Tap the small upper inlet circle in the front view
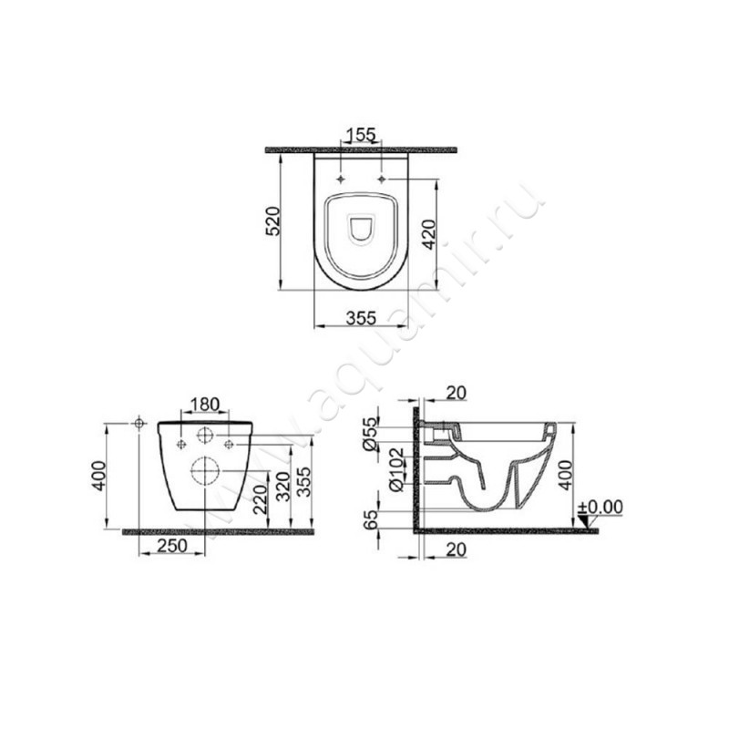click(206, 436)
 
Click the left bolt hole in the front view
click(181, 444)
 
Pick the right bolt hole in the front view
click(229, 444)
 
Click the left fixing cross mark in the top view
click(340, 179)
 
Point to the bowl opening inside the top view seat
click(361, 229)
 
